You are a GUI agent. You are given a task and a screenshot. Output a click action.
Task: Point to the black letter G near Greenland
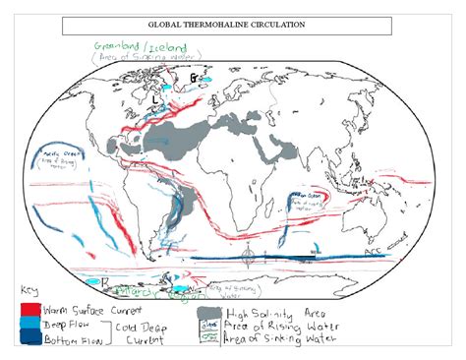click(x=194, y=77)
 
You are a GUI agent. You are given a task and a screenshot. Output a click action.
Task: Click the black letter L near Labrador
click(x=157, y=98)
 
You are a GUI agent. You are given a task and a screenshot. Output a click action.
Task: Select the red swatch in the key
click(x=29, y=310)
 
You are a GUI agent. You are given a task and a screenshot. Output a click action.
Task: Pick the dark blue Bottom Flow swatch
click(x=29, y=338)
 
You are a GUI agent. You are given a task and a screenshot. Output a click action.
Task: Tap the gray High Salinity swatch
click(x=207, y=314)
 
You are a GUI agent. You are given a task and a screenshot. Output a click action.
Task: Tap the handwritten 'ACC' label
click(x=374, y=253)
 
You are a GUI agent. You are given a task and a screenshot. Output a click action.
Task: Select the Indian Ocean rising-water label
click(x=304, y=197)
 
